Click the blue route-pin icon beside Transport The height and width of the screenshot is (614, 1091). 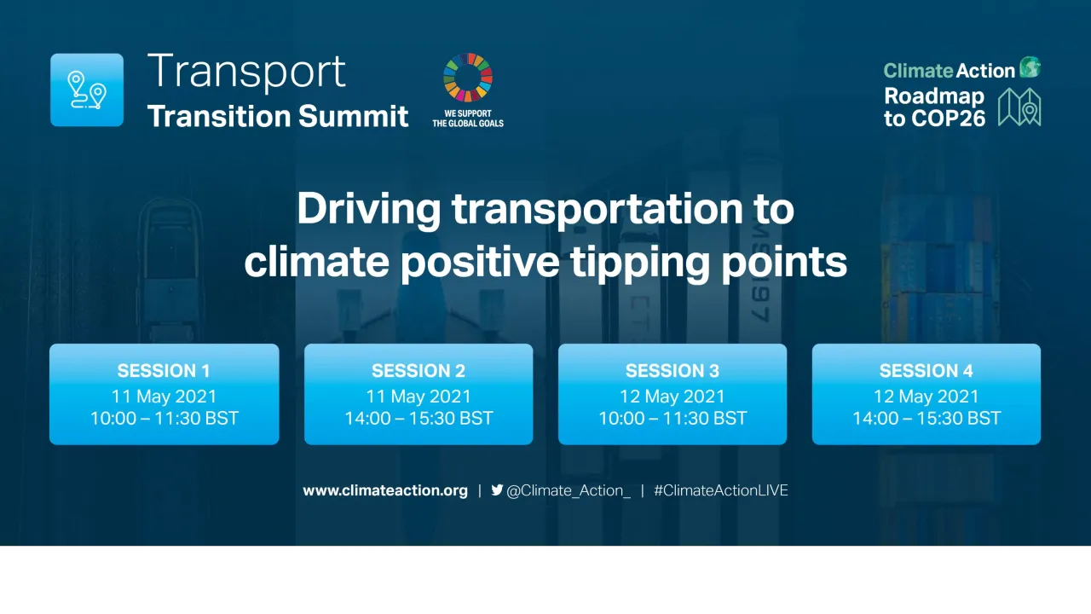[87, 90]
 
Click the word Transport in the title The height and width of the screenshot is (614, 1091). [246, 72]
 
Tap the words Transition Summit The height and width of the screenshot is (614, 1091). [278, 116]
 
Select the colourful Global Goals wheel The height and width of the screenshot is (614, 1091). [467, 78]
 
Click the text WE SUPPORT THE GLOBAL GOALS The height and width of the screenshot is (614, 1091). [467, 118]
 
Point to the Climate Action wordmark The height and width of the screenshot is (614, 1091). [949, 71]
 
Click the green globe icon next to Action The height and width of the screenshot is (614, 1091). [1030, 68]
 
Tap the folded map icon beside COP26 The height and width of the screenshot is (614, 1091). [1019, 107]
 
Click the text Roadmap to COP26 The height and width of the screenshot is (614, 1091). [934, 107]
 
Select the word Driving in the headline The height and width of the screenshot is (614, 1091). [369, 210]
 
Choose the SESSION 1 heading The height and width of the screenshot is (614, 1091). [164, 371]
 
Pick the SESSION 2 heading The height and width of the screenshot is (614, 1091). [419, 371]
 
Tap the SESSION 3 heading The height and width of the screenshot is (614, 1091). [672, 371]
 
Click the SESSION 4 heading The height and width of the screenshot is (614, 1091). [926, 371]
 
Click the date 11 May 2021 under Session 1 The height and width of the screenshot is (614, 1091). [164, 397]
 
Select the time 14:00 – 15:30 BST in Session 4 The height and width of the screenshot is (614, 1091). [926, 419]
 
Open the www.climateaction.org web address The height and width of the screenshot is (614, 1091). [385, 490]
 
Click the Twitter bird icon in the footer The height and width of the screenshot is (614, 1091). [497, 490]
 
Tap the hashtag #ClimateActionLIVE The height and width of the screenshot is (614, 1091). [721, 490]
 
